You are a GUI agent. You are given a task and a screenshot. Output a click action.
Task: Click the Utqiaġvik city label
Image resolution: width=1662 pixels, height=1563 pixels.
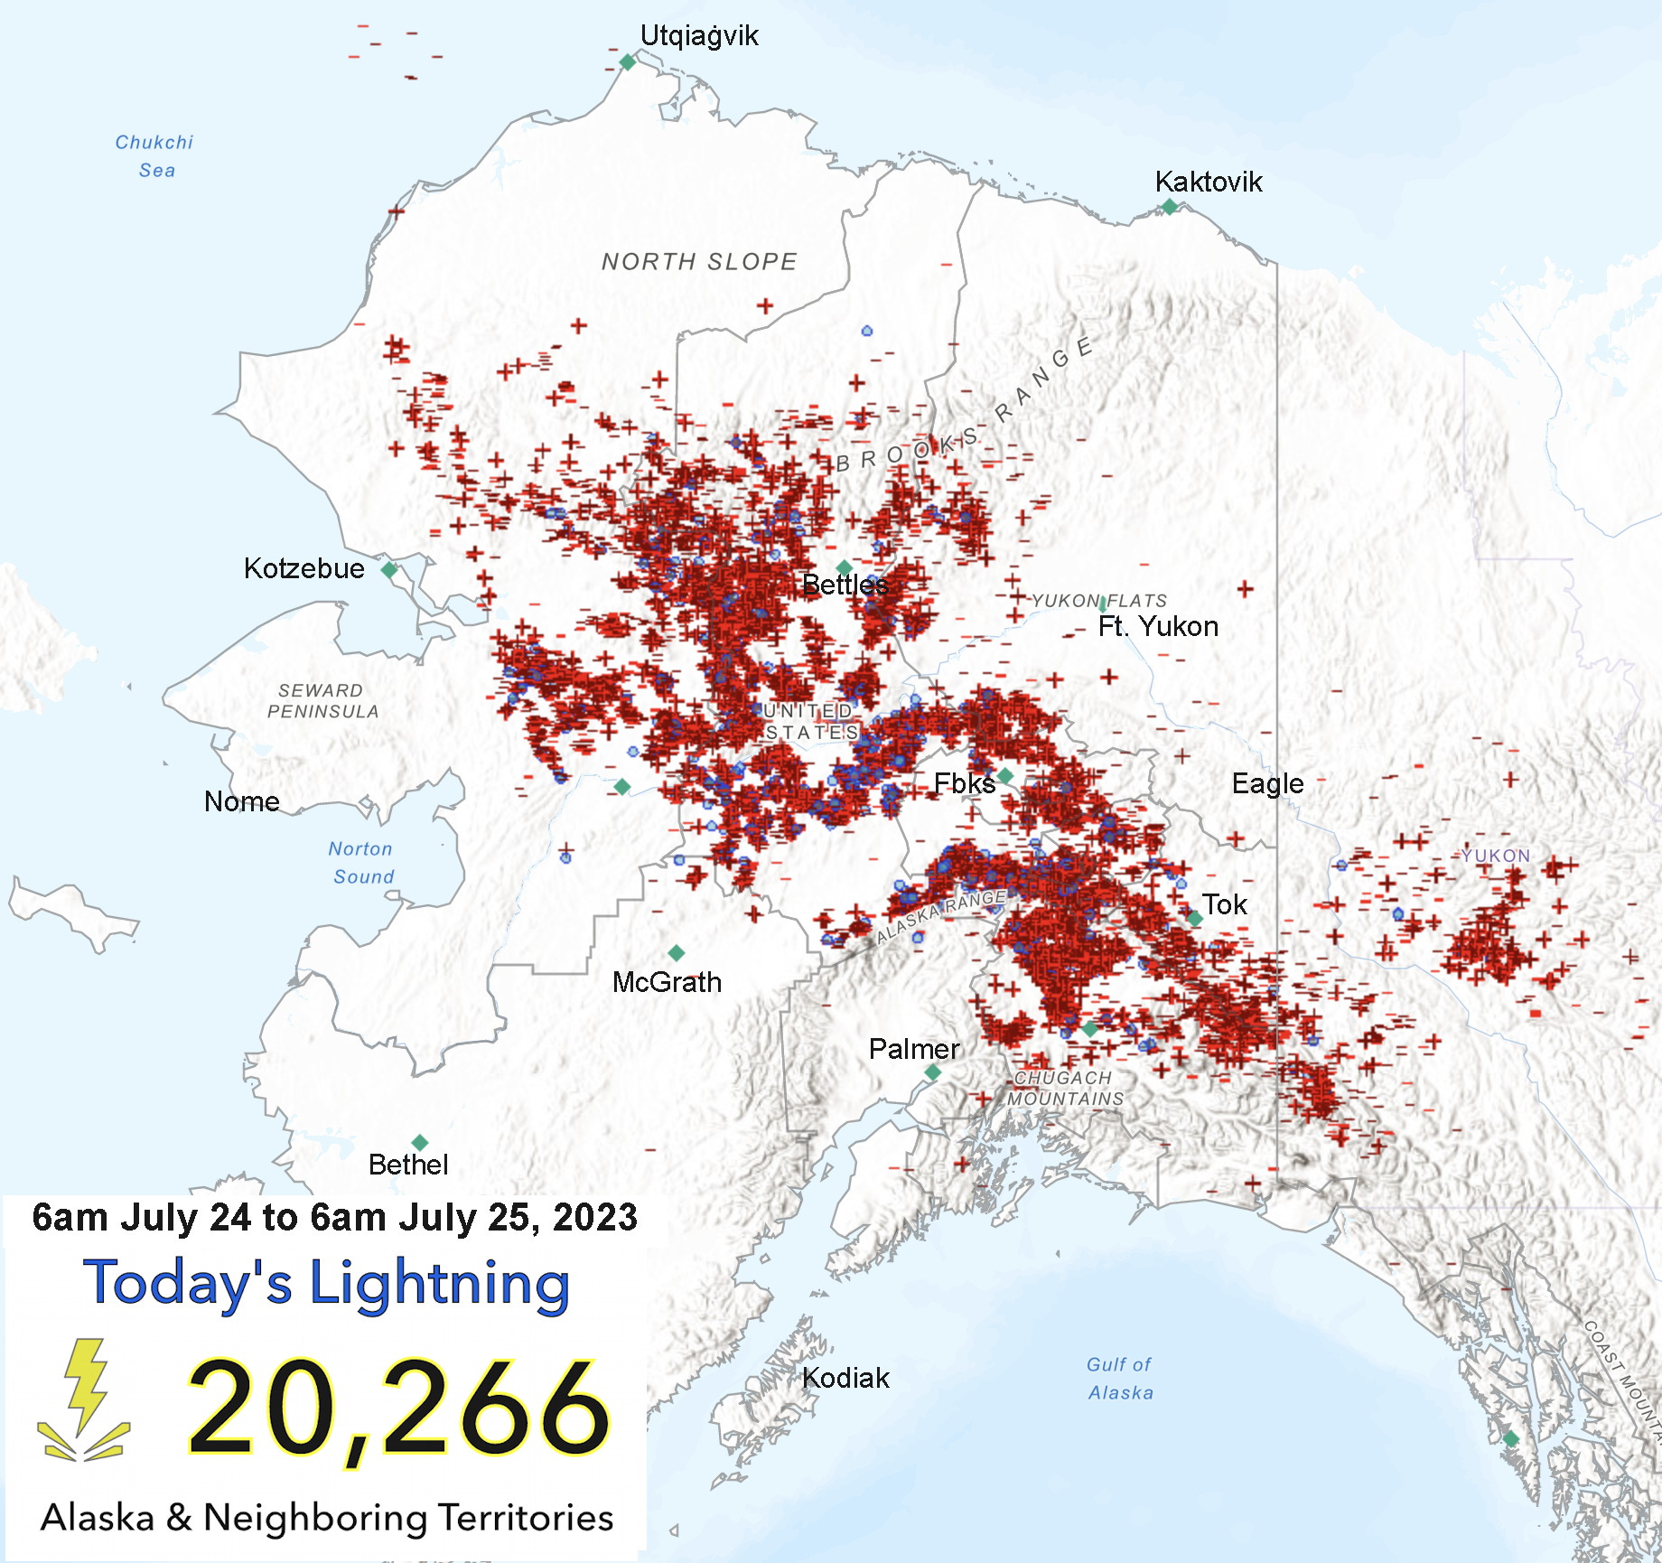click(698, 36)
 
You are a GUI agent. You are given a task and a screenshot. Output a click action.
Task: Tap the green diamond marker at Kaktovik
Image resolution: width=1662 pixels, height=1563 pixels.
click(1169, 207)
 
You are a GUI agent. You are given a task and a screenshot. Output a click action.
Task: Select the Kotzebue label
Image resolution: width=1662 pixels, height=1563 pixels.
click(303, 568)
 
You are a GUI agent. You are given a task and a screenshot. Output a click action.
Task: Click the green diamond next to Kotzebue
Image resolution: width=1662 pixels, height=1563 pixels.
click(389, 570)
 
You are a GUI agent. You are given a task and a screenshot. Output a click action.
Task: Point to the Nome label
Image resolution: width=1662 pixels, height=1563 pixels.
click(241, 801)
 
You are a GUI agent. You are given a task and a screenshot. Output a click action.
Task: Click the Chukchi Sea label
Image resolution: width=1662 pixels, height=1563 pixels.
click(154, 155)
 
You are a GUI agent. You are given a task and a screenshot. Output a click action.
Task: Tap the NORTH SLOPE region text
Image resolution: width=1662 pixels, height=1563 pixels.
click(699, 262)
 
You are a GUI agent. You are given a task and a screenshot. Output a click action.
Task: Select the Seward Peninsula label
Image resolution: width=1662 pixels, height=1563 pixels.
click(322, 701)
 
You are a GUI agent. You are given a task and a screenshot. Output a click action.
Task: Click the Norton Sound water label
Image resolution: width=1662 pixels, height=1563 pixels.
click(361, 862)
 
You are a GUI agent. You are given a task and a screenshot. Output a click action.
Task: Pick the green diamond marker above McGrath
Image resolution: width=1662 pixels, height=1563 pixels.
click(676, 953)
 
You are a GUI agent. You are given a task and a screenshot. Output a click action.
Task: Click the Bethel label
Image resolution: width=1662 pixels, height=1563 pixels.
click(407, 1165)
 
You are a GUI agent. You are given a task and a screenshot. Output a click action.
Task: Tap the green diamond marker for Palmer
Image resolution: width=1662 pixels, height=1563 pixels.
click(932, 1072)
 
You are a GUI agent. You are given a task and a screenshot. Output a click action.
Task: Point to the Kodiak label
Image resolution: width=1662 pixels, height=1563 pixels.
click(845, 1378)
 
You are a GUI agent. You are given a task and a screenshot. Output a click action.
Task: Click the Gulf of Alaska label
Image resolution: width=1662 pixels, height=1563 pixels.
click(1120, 1379)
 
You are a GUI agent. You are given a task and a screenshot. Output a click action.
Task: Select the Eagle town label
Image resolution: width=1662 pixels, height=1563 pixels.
click(1267, 783)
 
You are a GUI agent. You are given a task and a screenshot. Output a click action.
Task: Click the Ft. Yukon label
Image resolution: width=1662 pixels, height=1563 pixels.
click(1158, 626)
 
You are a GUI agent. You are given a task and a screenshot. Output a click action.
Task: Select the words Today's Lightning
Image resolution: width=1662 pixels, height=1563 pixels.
click(327, 1283)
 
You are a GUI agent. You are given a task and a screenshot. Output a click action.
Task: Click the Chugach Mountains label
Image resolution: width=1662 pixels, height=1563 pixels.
click(1065, 1088)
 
